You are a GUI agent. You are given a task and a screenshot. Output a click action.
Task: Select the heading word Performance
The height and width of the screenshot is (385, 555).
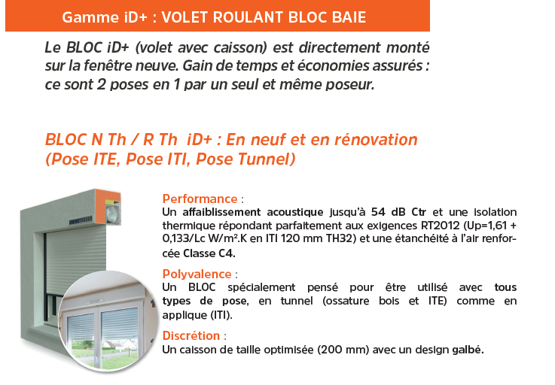(x=200, y=199)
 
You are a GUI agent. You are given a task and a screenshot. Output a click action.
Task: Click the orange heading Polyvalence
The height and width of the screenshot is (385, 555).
(x=197, y=274)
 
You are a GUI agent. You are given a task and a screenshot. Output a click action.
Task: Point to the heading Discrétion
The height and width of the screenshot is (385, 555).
(x=191, y=335)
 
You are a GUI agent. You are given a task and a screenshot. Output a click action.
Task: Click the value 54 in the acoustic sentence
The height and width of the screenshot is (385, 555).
(x=378, y=212)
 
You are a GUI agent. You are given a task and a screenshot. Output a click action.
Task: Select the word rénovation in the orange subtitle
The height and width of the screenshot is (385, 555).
(x=376, y=140)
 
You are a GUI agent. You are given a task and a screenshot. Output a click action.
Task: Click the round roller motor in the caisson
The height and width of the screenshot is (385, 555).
(x=112, y=214)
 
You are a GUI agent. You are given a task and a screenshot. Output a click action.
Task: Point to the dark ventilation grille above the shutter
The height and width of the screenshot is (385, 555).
(x=81, y=222)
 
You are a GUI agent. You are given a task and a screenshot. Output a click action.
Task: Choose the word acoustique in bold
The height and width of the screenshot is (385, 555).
(x=294, y=213)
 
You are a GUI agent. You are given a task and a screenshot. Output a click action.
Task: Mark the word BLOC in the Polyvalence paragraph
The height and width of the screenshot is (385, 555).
(x=202, y=287)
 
